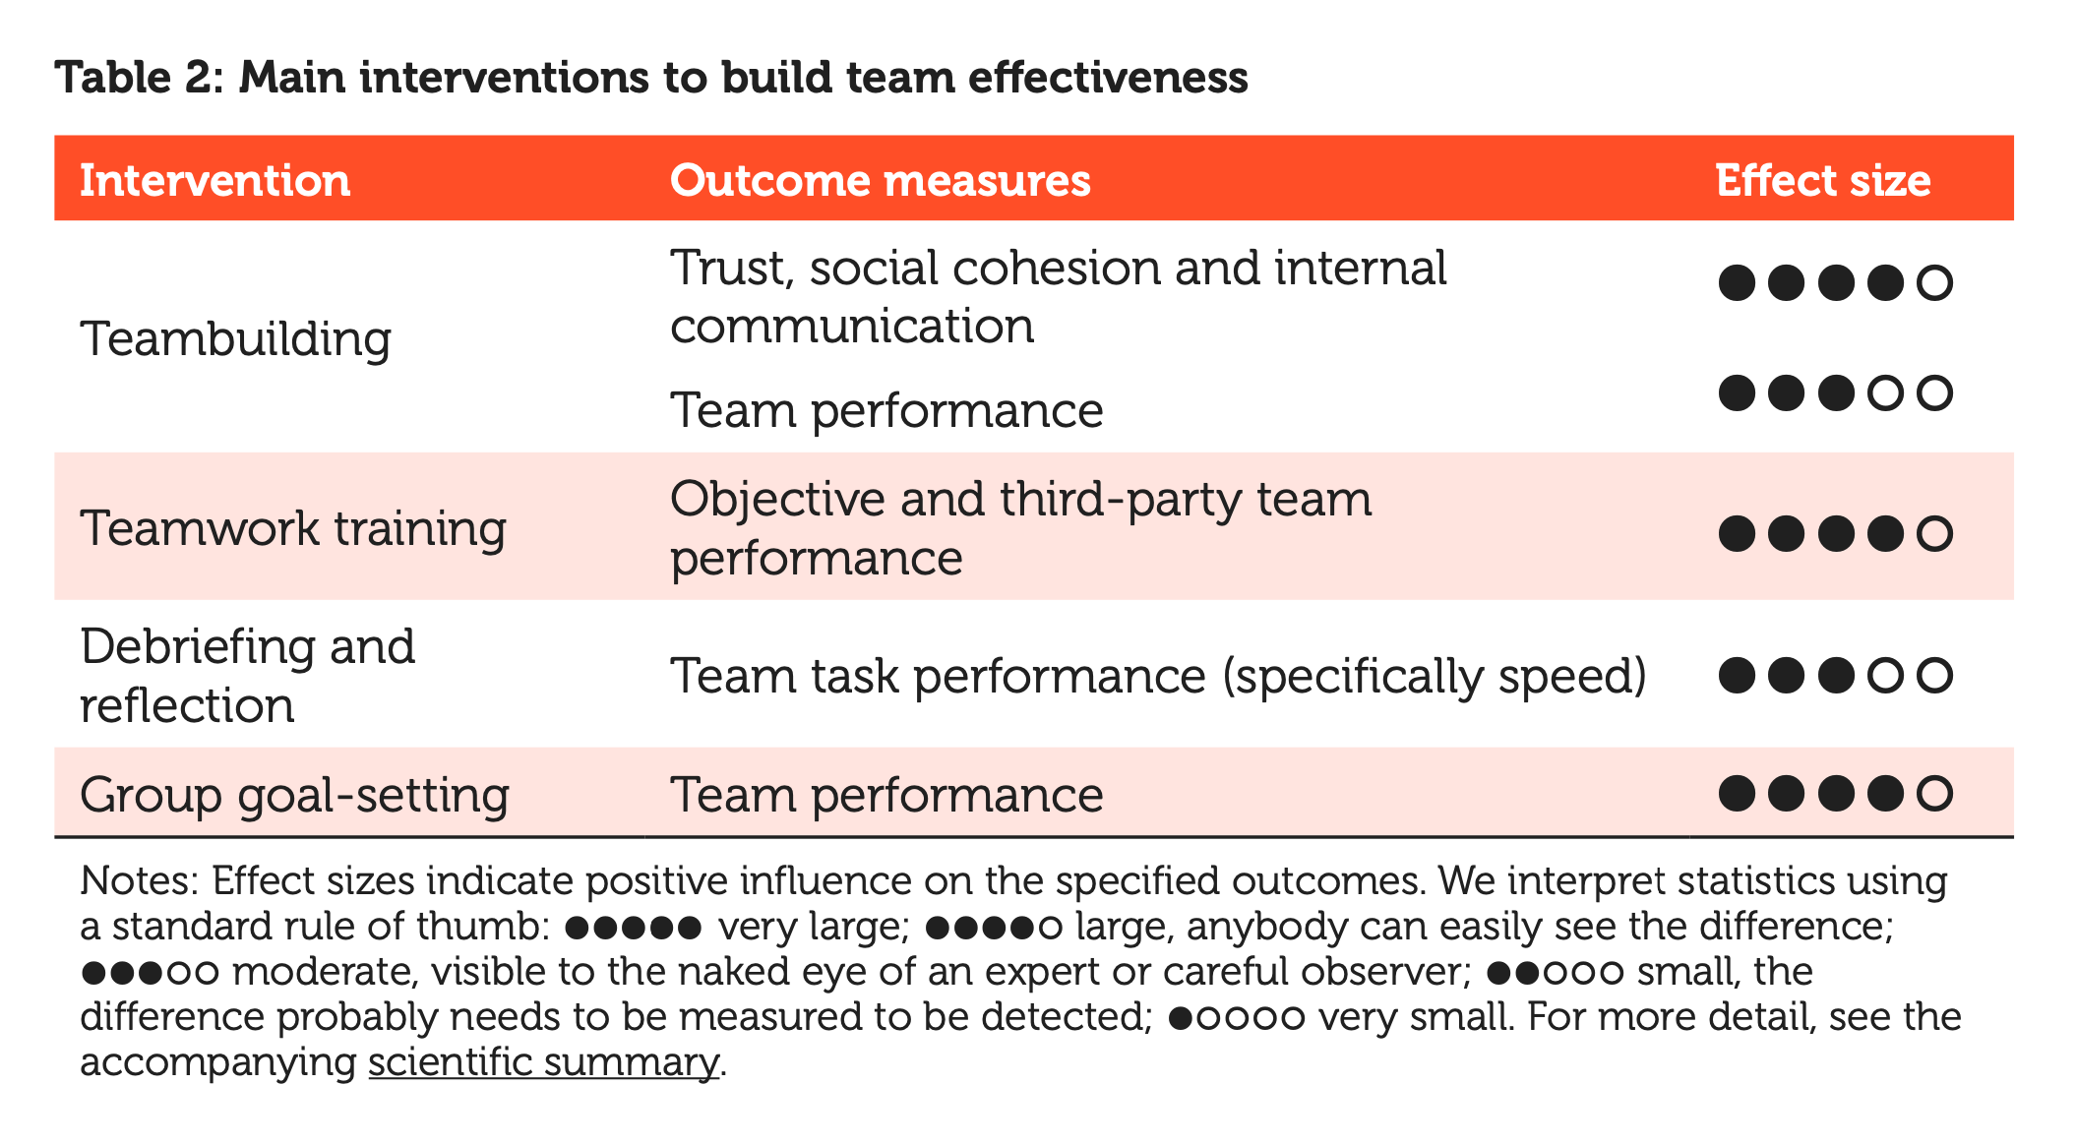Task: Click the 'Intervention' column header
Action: point(214,181)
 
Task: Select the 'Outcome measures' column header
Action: point(880,181)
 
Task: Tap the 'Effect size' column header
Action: point(1822,181)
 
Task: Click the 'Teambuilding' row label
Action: point(235,339)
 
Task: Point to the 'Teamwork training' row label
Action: point(292,528)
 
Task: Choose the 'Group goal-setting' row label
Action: point(294,795)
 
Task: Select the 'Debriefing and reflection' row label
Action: point(247,676)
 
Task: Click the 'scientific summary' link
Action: point(543,1062)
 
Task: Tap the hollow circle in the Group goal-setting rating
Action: point(1934,793)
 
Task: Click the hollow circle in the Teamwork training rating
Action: point(1934,533)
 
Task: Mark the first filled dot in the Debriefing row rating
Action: point(1737,676)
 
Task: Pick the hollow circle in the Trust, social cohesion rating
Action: point(1934,283)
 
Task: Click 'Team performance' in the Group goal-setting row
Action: point(885,795)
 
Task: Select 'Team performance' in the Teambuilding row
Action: point(885,410)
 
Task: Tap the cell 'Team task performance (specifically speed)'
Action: point(1158,677)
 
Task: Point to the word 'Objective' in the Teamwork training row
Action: point(776,500)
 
